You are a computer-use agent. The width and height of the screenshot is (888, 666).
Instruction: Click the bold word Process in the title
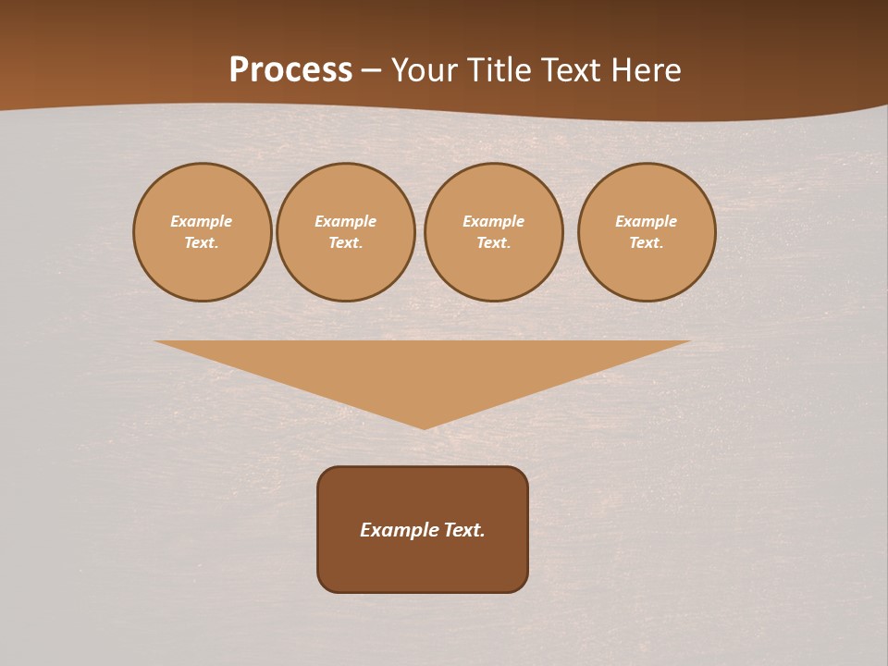(290, 70)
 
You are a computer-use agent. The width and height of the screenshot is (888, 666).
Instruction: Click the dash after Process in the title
(371, 71)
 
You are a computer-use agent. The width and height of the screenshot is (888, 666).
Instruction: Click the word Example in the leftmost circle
(202, 221)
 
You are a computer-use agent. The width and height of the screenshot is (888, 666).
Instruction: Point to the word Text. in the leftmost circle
(202, 242)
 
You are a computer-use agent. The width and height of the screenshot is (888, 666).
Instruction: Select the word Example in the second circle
(346, 221)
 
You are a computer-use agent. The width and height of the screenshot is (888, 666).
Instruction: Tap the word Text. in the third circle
(494, 242)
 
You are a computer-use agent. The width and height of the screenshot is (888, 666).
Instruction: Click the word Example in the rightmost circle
(647, 221)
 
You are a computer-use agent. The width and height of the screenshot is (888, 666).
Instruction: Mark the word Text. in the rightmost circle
(647, 242)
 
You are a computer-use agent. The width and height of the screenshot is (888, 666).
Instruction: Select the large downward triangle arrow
(423, 370)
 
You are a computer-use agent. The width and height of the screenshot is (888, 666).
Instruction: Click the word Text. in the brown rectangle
(463, 530)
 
